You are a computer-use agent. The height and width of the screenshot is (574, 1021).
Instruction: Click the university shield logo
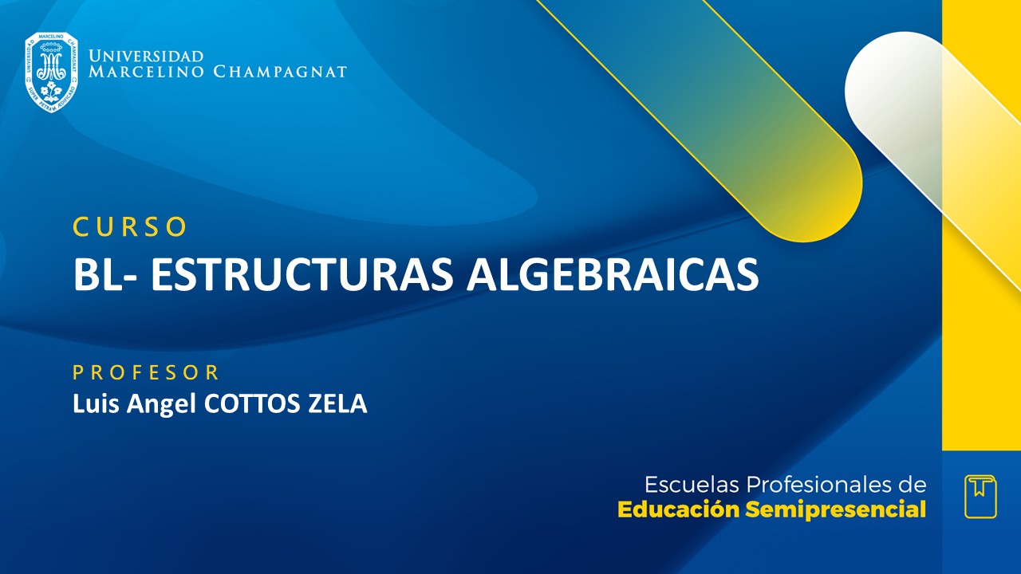51,72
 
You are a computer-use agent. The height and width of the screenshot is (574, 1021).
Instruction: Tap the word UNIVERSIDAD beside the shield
146,57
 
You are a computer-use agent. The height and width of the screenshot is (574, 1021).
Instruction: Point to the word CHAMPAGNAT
280,72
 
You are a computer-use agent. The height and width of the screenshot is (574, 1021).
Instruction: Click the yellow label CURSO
130,227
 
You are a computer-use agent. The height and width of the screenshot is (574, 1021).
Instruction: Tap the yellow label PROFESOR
146,372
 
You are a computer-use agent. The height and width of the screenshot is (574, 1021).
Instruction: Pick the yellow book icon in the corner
980,497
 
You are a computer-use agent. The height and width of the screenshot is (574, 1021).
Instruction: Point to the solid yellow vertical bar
981,319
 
